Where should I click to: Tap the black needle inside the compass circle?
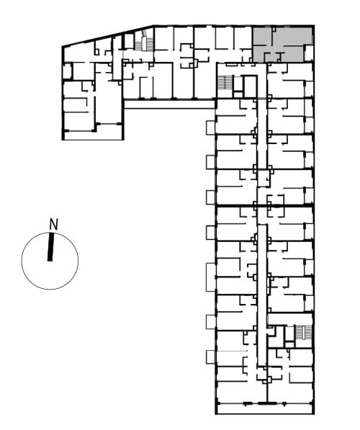click(x=50, y=247)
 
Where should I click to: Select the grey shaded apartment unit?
click(x=282, y=45)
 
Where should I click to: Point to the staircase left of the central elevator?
click(x=225, y=83)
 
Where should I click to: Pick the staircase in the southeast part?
click(x=304, y=333)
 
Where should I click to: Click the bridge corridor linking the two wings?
click(x=169, y=104)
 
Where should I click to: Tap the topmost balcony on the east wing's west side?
click(x=211, y=127)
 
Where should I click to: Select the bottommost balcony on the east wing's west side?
click(x=211, y=357)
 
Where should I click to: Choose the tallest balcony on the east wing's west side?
click(x=211, y=277)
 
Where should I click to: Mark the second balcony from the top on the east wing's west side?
click(x=211, y=162)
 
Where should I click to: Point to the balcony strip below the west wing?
click(x=93, y=136)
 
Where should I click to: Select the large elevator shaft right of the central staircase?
click(x=250, y=86)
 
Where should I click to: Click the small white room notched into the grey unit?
click(x=308, y=53)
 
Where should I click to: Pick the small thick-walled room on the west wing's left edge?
click(x=68, y=71)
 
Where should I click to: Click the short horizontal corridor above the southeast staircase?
click(x=290, y=319)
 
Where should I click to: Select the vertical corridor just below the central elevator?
click(x=262, y=134)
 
